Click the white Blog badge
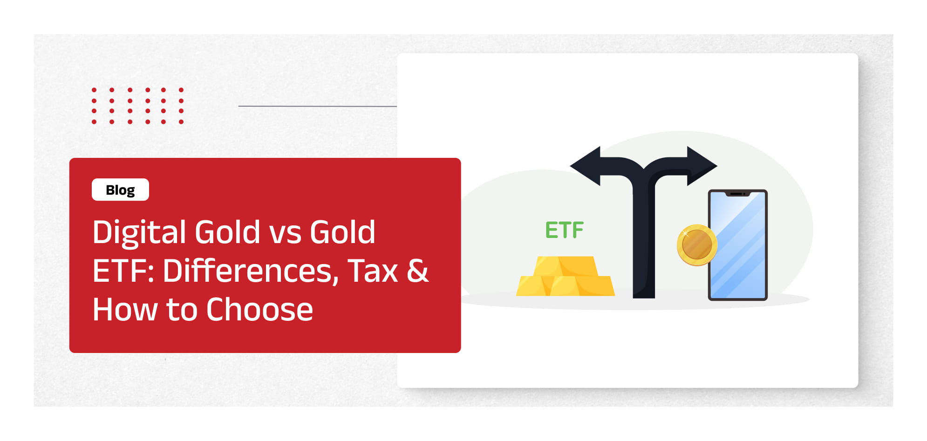coord(120,190)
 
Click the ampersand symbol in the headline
coord(417,271)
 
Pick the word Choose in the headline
coord(259,310)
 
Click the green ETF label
coord(564,230)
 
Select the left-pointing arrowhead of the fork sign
coord(586,166)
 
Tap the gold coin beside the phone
coord(696,245)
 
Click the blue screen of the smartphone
coord(737,245)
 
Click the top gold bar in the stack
coord(565,266)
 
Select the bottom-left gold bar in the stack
coord(534,286)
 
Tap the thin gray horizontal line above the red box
coord(318,106)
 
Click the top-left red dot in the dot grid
coord(94,90)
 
